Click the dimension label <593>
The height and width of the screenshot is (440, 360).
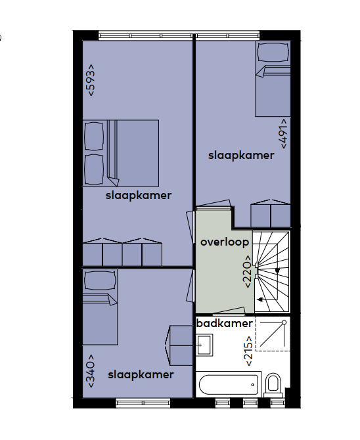[91, 81]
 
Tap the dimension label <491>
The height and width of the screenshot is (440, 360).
[284, 133]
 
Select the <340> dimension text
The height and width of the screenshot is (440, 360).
[91, 371]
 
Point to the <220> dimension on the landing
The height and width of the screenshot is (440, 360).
[248, 272]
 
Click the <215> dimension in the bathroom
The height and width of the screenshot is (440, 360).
[249, 351]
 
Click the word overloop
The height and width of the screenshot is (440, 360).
[225, 242]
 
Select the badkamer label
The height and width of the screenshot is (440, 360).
[225, 323]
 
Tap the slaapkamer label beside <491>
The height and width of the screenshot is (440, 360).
[241, 156]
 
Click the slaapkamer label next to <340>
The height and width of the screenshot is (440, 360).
[141, 375]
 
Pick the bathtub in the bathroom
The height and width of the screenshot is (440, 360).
[229, 384]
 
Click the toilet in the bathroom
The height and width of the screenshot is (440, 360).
[273, 384]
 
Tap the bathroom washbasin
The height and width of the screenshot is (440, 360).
[204, 345]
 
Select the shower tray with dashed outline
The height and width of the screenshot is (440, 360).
[273, 334]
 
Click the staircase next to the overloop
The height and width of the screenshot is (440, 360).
[271, 271]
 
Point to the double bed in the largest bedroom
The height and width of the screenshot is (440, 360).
[121, 153]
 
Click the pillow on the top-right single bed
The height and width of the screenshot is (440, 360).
[273, 53]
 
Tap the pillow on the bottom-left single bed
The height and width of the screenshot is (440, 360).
[100, 280]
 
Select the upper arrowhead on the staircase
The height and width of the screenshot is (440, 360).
[277, 271]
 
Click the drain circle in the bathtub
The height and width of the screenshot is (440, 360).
[253, 385]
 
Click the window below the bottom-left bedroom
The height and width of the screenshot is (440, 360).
[143, 403]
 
